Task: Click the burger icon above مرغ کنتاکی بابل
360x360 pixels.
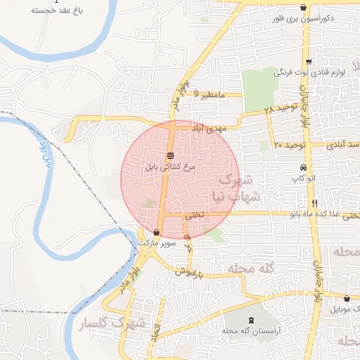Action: [170, 155]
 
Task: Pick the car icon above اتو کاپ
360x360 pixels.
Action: [303, 168]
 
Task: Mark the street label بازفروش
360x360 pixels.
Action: [190, 271]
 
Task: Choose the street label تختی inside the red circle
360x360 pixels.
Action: [195, 217]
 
